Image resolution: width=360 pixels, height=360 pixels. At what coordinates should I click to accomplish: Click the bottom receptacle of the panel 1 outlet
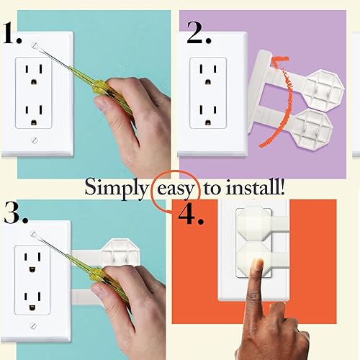pos(35,113)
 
